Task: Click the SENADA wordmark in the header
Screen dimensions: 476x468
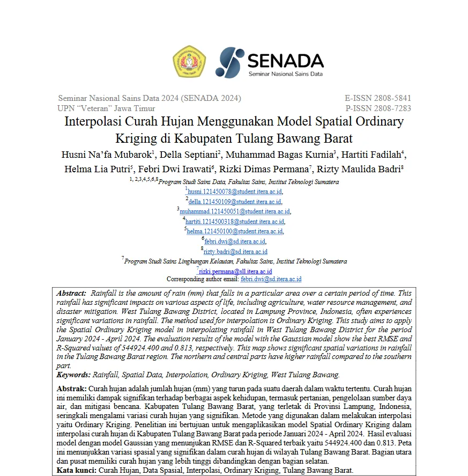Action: coord(286,59)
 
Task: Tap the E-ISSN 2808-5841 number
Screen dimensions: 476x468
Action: coord(378,98)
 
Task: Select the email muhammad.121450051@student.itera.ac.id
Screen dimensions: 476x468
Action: coord(235,211)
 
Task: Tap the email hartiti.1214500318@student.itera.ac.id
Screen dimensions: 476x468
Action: coord(235,222)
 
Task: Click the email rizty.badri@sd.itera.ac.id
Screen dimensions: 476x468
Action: coord(236,252)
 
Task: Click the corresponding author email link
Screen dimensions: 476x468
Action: coord(271,280)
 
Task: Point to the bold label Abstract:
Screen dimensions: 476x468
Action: coord(71,294)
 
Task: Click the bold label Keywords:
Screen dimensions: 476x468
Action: coord(74,375)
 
